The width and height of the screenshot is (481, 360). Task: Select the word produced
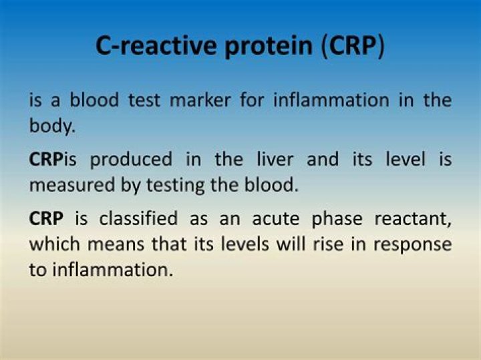[130, 160]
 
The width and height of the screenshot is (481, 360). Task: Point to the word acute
[265, 218]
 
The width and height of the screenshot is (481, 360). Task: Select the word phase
[329, 218]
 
